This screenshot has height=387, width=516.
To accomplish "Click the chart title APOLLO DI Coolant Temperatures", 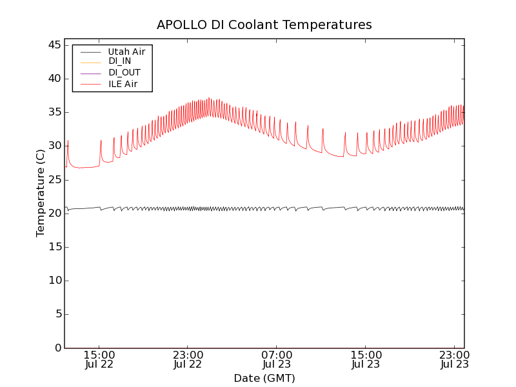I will [x=264, y=25].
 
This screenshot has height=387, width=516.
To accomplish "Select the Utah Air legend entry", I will [x=126, y=51].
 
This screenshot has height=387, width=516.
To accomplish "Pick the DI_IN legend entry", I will [x=121, y=62].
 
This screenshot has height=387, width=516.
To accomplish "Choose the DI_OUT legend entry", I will [x=124, y=73].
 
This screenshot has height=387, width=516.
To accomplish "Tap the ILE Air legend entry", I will [x=123, y=84].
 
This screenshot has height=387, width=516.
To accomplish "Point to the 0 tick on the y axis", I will [x=57, y=348].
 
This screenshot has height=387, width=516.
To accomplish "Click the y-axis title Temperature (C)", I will [x=41, y=193].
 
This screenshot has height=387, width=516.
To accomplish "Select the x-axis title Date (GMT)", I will [x=264, y=378].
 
